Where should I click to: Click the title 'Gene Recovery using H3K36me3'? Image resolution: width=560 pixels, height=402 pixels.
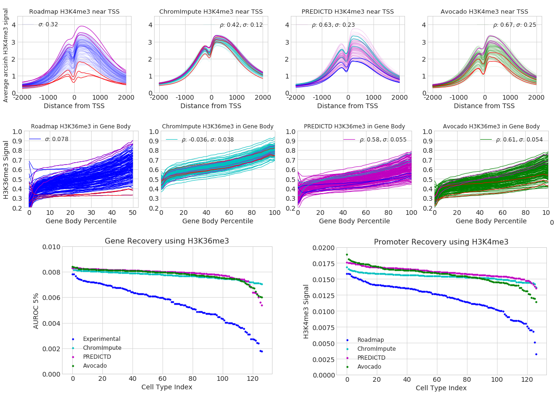click(167, 241)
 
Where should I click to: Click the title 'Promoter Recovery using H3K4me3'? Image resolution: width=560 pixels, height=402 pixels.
click(441, 242)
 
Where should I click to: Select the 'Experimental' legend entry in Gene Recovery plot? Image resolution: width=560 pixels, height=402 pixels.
click(101, 339)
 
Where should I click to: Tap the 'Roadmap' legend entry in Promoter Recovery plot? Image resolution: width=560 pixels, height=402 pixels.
click(370, 340)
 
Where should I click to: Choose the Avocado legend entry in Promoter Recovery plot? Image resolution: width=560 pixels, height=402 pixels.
click(369, 367)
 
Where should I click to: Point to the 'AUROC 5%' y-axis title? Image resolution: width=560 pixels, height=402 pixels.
click(36, 310)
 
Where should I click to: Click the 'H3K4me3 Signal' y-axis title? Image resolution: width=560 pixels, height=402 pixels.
click(306, 311)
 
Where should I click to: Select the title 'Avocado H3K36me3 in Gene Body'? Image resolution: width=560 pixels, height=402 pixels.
click(491, 126)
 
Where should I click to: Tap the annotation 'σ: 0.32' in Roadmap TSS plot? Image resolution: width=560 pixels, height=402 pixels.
click(48, 24)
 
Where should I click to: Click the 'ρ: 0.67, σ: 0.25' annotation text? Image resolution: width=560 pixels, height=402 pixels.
click(514, 25)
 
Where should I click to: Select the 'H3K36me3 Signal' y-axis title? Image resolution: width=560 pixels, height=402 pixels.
click(6, 169)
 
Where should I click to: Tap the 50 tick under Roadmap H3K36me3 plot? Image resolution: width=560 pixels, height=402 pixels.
click(132, 213)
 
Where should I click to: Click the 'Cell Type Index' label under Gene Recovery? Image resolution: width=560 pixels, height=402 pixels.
click(167, 387)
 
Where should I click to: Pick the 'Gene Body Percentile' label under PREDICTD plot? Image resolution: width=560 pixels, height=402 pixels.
click(354, 221)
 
